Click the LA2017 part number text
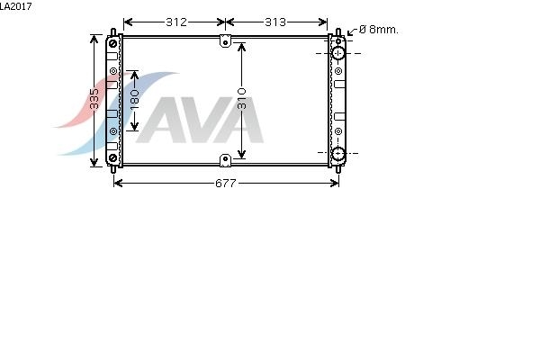click(16, 6)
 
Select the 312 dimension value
click(176, 22)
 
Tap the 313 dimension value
click(275, 22)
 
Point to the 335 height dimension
click(94, 99)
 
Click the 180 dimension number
click(134, 100)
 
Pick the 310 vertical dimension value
click(242, 99)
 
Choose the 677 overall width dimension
click(226, 184)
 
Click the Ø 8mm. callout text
click(379, 30)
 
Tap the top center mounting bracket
click(225, 41)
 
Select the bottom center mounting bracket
click(225, 160)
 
